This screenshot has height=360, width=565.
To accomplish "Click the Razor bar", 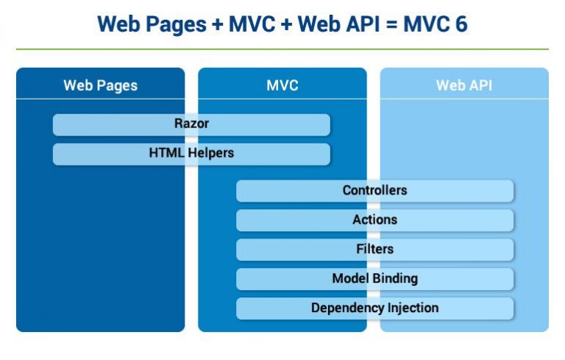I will [x=191, y=124].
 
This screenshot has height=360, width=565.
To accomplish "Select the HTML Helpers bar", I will [x=191, y=154].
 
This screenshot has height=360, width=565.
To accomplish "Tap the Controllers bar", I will [x=374, y=191].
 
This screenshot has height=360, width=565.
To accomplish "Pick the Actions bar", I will [x=374, y=220].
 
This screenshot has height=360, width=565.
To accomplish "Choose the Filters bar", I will [x=374, y=250].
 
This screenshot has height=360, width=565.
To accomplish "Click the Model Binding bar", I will [x=374, y=279].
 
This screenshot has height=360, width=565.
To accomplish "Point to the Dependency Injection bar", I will [x=374, y=308].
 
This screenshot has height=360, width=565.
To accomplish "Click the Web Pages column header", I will [x=100, y=85].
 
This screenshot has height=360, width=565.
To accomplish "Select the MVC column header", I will [x=282, y=85].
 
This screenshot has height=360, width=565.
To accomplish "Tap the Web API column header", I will [x=464, y=85].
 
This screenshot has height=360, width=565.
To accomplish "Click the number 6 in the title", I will [x=460, y=24].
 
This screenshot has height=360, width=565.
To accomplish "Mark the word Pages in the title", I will [x=170, y=25].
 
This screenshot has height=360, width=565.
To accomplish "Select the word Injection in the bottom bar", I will [x=410, y=308].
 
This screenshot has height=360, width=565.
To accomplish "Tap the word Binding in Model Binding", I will [x=394, y=279].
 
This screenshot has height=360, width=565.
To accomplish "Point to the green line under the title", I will [x=282, y=49].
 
